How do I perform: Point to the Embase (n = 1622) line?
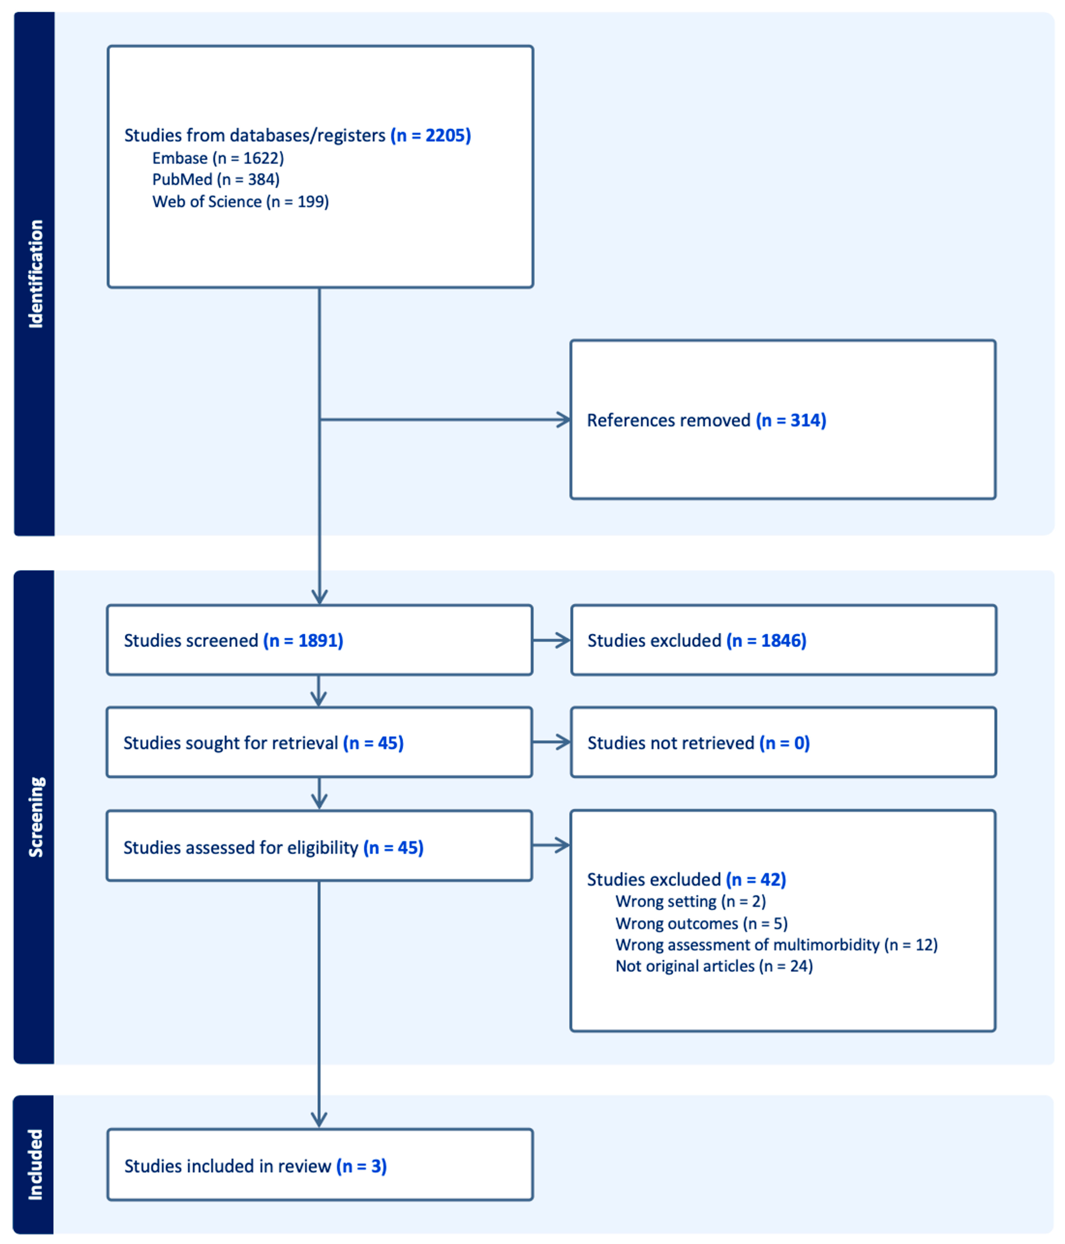[218, 158]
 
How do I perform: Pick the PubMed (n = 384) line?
[216, 179]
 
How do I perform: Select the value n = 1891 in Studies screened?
[303, 641]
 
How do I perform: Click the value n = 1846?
[766, 641]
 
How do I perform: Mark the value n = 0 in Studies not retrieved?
[784, 743]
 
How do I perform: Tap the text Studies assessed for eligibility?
[240, 848]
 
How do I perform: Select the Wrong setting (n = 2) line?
[690, 901]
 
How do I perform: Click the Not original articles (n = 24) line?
[714, 966]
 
